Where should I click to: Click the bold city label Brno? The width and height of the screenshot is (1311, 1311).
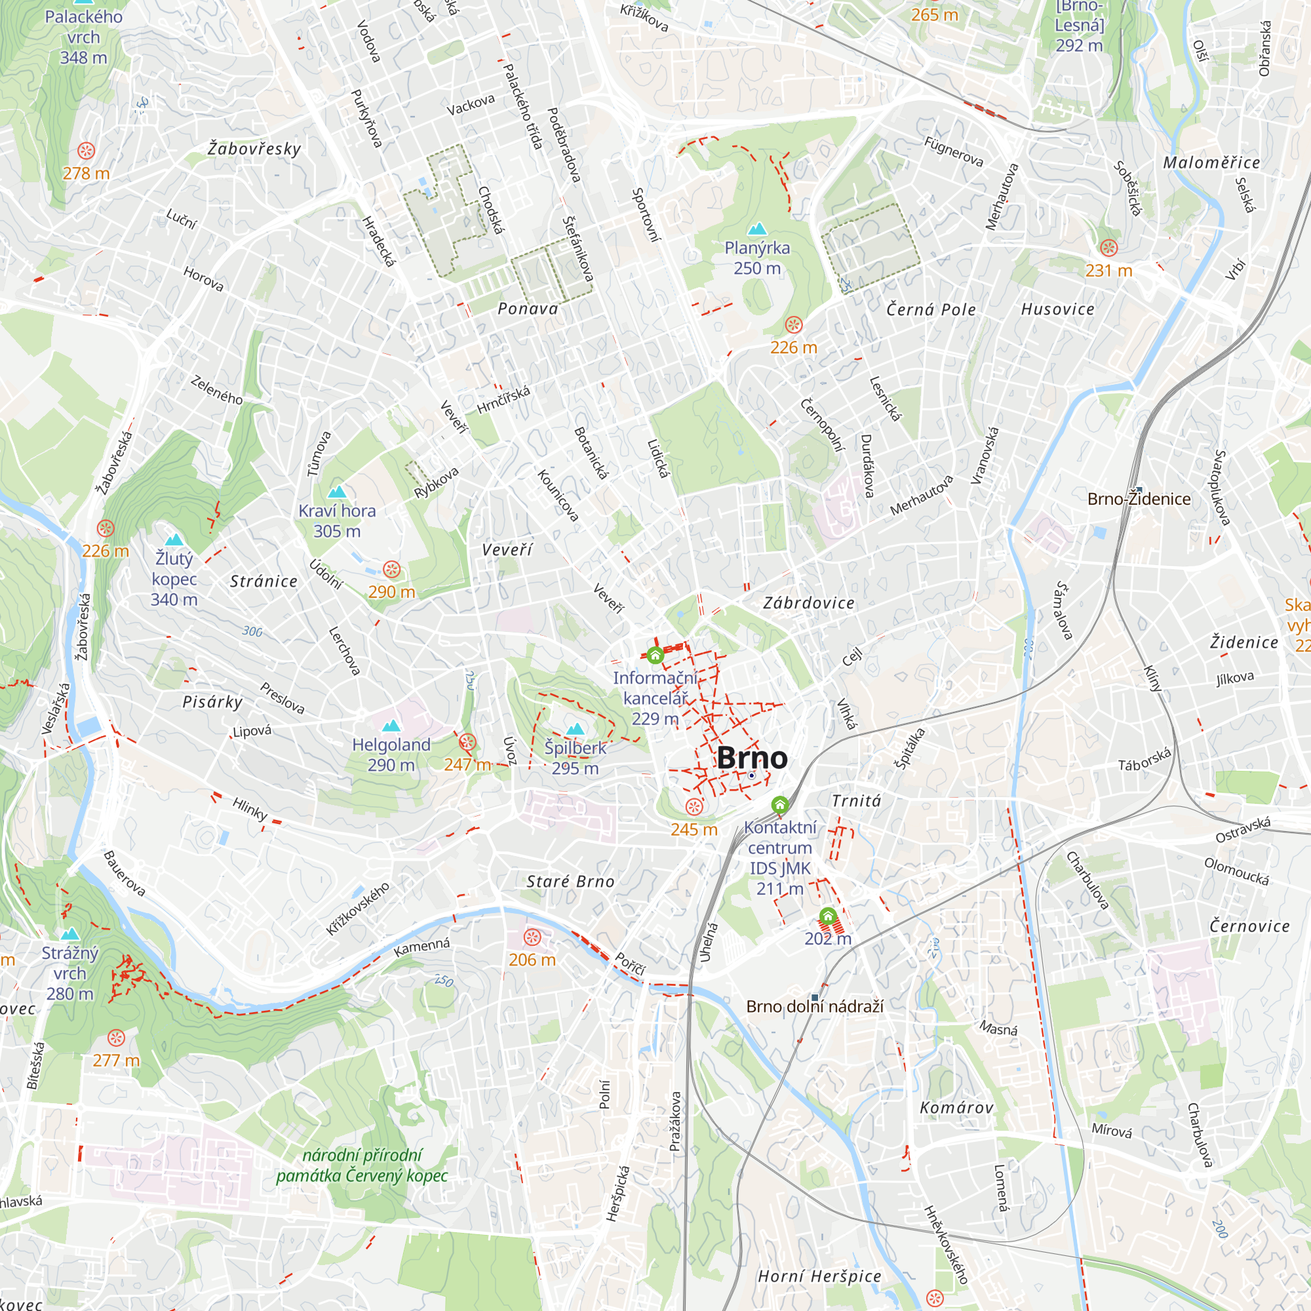click(752, 758)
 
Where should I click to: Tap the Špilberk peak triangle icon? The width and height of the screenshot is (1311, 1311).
click(576, 730)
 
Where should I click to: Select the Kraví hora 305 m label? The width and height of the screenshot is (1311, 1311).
click(336, 520)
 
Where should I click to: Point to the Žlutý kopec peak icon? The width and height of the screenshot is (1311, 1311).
click(174, 540)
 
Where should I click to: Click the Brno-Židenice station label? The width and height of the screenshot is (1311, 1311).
click(1139, 499)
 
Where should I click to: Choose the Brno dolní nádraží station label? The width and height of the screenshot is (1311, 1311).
click(814, 1006)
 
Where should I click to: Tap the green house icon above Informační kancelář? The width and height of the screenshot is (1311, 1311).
click(655, 655)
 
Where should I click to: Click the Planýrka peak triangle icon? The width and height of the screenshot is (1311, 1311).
click(756, 229)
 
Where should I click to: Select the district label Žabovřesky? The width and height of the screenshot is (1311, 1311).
click(254, 149)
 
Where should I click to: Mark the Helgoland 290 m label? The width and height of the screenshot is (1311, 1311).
click(391, 754)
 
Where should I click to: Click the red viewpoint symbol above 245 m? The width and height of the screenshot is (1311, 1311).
click(694, 806)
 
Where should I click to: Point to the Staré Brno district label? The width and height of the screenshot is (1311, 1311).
click(570, 882)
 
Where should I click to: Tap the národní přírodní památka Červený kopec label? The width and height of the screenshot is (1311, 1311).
click(362, 1165)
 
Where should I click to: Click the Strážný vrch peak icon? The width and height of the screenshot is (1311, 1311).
click(70, 934)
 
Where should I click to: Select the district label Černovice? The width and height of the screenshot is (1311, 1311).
click(1249, 926)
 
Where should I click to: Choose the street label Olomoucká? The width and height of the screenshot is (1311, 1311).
click(1236, 871)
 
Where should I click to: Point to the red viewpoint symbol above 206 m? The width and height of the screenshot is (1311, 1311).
click(532, 938)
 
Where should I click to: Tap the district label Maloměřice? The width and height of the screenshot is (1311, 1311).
click(1211, 163)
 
